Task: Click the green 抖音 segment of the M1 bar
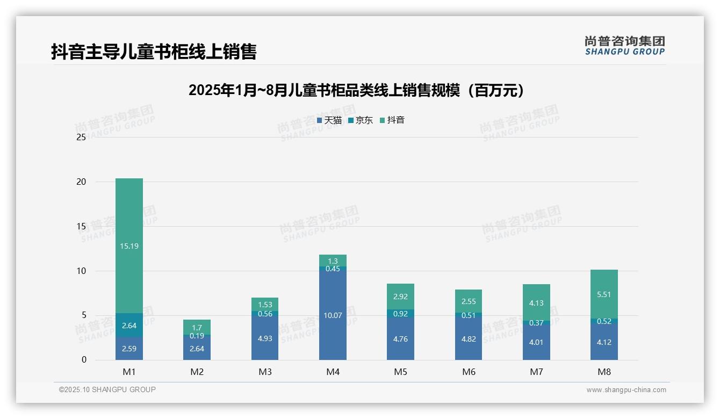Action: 129,245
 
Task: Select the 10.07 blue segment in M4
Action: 333,315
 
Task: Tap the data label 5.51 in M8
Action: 604,294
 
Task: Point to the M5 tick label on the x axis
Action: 400,372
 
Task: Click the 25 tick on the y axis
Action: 82,138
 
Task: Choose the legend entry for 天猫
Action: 329,120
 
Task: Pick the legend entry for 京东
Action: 361,120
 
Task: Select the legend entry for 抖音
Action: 392,120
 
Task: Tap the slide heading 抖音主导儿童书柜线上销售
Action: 154,52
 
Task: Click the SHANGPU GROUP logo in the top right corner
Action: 624,45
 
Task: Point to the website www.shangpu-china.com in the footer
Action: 626,390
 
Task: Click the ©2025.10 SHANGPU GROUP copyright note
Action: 107,390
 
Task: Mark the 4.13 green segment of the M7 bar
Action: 536,302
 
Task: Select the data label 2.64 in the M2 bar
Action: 197,349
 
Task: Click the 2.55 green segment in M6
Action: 469,301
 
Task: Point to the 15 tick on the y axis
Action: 82,227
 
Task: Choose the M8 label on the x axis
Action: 604,372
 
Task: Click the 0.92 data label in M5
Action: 400,314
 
